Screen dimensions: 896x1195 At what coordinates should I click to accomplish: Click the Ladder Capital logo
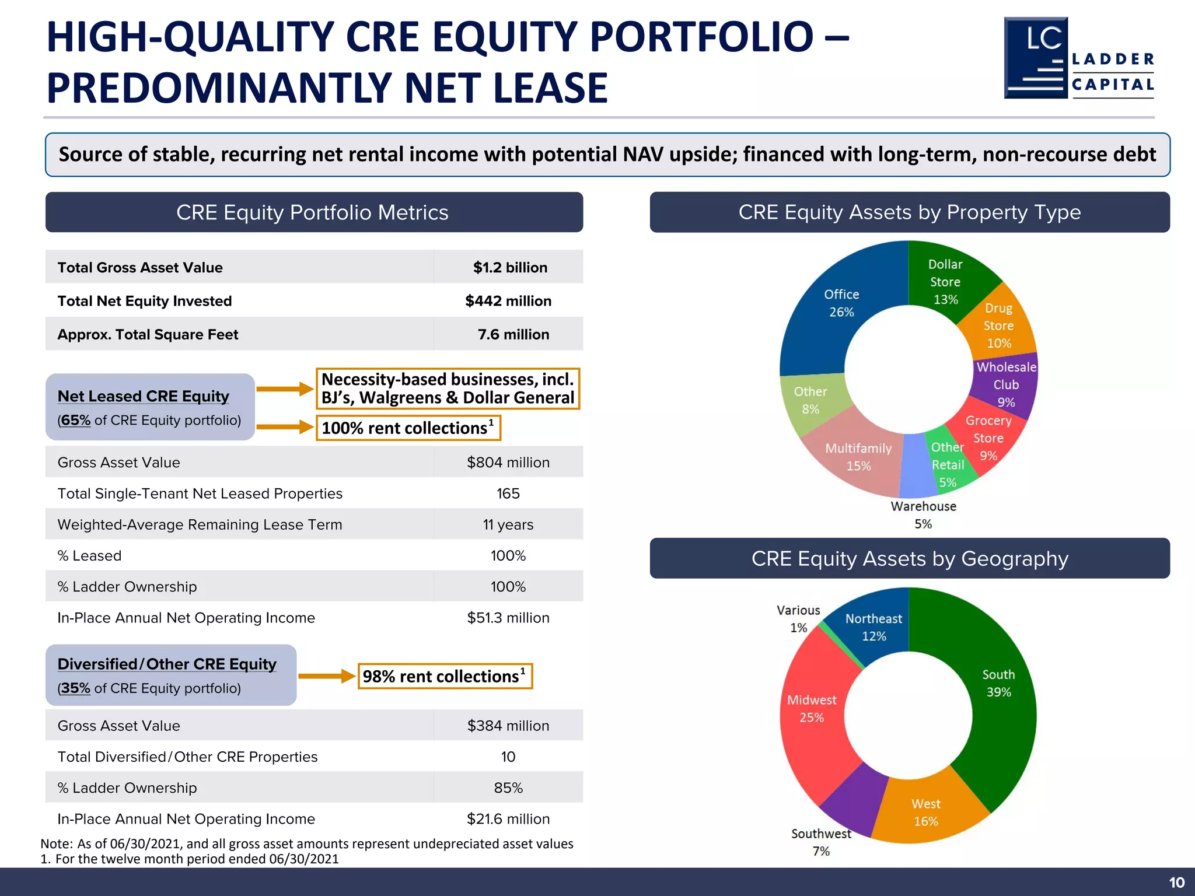click(x=1078, y=58)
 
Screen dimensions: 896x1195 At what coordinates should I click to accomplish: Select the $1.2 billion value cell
click(x=510, y=268)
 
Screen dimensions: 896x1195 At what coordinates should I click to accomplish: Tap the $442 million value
click(x=508, y=301)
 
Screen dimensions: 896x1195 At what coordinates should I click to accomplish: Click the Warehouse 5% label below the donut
click(x=923, y=514)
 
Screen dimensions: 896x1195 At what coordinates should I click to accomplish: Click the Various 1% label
click(x=798, y=619)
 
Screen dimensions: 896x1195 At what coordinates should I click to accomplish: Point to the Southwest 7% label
click(x=820, y=842)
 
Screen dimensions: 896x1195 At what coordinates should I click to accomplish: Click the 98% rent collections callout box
click(x=445, y=676)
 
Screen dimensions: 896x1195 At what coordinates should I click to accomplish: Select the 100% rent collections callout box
click(x=408, y=428)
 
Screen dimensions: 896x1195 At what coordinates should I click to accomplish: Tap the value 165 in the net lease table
click(x=508, y=494)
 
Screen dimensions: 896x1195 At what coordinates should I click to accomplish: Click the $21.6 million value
click(x=508, y=819)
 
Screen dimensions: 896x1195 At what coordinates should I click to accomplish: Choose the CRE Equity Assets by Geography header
click(x=909, y=558)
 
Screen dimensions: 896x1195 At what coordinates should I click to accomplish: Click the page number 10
click(x=1176, y=883)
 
